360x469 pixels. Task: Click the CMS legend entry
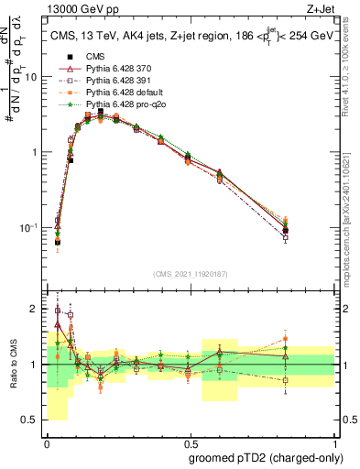click(92, 56)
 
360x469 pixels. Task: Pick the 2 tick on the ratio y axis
click(36, 309)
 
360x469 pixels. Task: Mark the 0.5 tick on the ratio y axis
click(32, 420)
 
